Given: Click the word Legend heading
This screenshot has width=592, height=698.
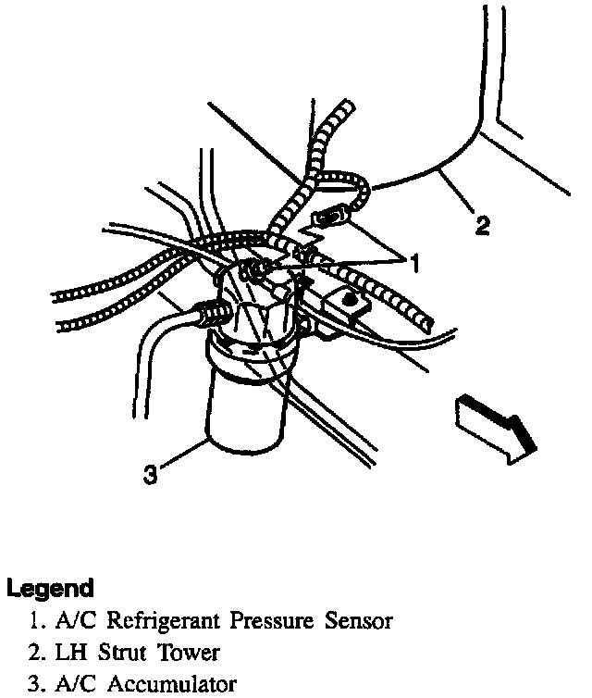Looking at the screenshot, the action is (x=50, y=589).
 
